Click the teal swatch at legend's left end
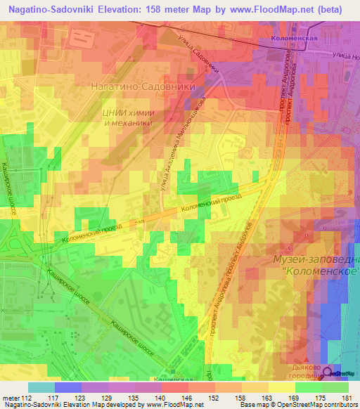pyautogui.click(x=41, y=387)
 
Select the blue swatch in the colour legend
pyautogui.click(x=68, y=387)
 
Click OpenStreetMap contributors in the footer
pyautogui.click(x=323, y=405)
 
